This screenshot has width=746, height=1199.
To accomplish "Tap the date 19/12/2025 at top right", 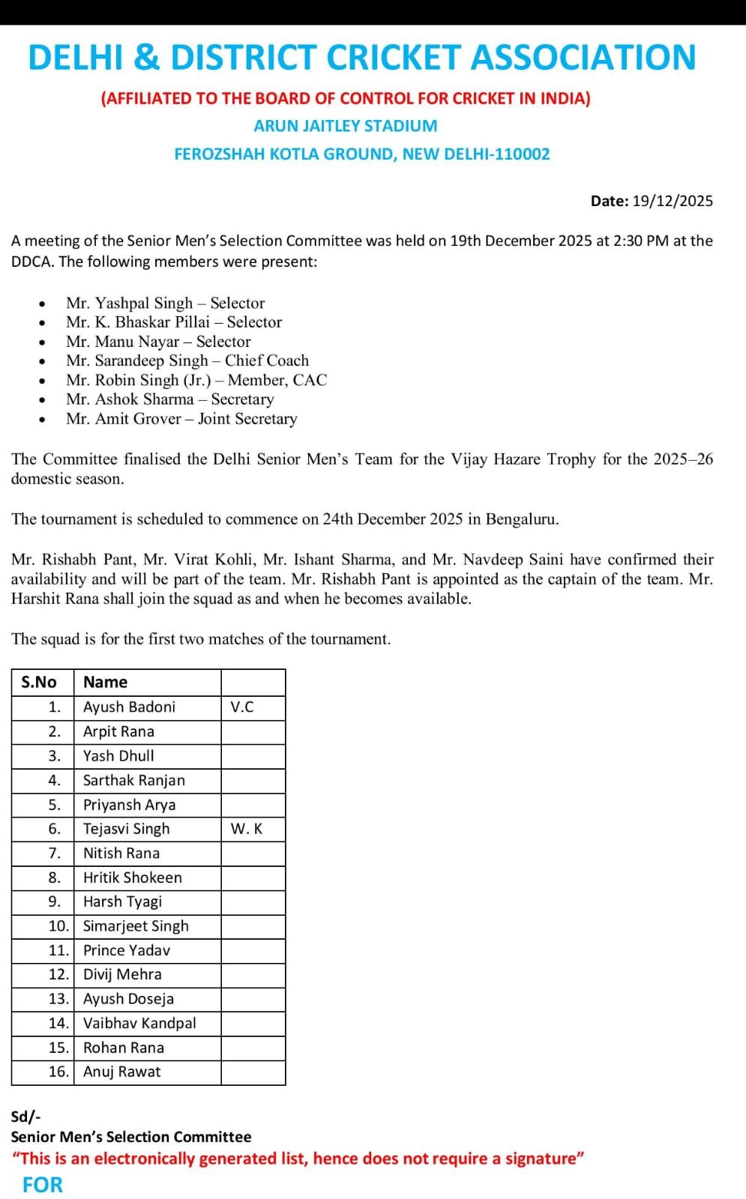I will [x=673, y=201].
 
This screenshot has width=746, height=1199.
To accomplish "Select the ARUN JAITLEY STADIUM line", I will [x=345, y=126].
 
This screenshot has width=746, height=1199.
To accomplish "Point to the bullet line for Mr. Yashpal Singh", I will [x=165, y=303].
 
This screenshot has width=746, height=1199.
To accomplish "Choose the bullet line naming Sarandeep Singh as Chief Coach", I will [x=187, y=360].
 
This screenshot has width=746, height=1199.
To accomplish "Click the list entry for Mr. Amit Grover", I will [x=181, y=419].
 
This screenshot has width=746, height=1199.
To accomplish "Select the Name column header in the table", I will [x=105, y=682].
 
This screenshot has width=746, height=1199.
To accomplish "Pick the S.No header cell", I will [x=39, y=682].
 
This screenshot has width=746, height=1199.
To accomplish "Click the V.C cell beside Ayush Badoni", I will [x=242, y=707].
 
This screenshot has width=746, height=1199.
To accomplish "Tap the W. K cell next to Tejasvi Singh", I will [x=247, y=829].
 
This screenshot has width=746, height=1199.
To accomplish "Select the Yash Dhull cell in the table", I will [x=118, y=755].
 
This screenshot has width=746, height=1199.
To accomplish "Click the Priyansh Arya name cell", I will [x=129, y=805].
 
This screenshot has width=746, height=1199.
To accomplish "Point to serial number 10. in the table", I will [x=58, y=926].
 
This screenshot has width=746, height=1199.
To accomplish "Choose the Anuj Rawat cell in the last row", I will [x=121, y=1072].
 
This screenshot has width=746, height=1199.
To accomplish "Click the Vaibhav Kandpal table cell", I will [x=139, y=1023].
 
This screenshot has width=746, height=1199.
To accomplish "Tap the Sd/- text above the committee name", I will [x=25, y=1117].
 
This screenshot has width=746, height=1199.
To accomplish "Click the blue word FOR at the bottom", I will [x=43, y=1185].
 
